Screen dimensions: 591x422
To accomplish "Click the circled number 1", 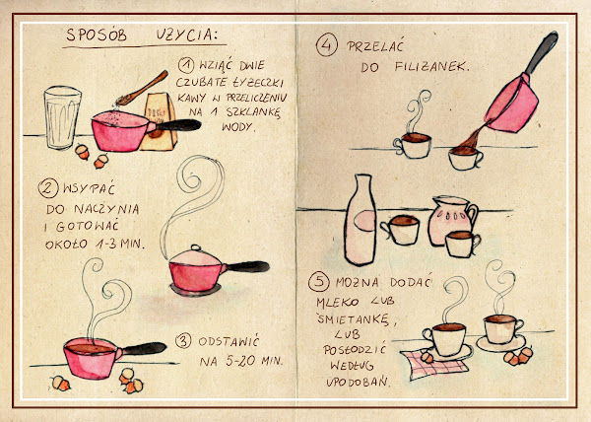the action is [x=186, y=65].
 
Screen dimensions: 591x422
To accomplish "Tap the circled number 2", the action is [x=48, y=187].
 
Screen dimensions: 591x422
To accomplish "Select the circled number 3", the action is [x=183, y=341].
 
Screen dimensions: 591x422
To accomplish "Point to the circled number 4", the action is [x=326, y=45].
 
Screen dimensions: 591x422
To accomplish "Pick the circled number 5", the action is [x=318, y=282].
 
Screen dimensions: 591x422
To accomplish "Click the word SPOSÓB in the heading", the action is [x=97, y=35].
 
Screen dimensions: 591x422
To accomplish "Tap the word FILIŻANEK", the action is [x=432, y=67].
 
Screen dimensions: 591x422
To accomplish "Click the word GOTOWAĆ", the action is [x=88, y=226].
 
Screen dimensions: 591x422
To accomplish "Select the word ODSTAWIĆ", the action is [x=229, y=342].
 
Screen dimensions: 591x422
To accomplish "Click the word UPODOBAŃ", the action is [x=358, y=382].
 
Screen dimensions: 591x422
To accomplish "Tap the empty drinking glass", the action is [x=62, y=117].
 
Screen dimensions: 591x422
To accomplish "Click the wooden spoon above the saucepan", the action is [x=142, y=89].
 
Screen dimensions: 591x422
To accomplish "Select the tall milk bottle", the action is [x=361, y=220].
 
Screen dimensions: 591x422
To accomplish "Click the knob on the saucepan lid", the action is [x=196, y=247].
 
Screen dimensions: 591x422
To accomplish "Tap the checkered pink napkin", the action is [x=434, y=364].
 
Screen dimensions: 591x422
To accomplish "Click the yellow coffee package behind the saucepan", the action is [x=160, y=121].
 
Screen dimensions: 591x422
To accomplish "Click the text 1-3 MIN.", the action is [x=120, y=244].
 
